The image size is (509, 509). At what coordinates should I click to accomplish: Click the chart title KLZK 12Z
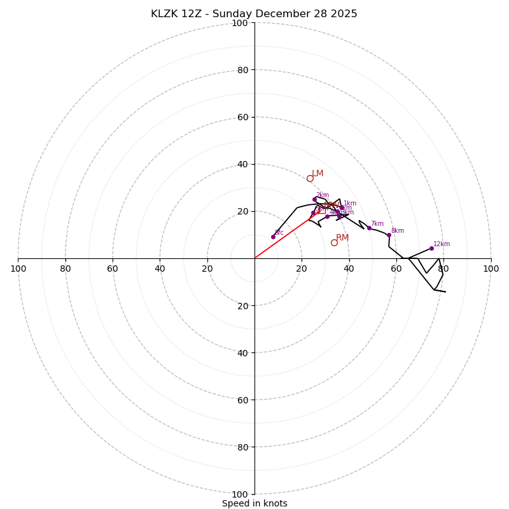coord(254,14)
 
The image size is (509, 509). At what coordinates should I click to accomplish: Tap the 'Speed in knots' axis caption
coord(254,503)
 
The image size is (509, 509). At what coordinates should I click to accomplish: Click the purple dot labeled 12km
coord(431,248)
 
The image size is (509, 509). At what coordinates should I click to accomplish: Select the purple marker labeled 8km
coord(389,235)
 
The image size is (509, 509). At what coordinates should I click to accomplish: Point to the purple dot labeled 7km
coord(369,228)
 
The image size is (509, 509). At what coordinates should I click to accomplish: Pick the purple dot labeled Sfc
coord(273,237)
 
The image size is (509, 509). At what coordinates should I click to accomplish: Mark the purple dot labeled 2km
coord(314,199)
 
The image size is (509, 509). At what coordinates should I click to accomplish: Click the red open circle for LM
coord(310,178)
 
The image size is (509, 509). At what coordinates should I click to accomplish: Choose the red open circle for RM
coord(334,242)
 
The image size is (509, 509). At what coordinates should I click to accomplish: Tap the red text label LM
coord(317,173)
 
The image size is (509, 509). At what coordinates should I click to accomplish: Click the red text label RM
coord(342,237)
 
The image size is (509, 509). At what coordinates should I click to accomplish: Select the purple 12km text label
coord(442,244)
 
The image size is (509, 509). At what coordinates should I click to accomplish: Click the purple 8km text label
coord(398,230)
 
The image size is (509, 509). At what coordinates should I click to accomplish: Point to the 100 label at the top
coord(239,23)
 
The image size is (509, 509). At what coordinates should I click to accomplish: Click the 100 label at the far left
coord(18,268)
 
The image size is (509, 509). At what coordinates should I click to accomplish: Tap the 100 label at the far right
coord(491,268)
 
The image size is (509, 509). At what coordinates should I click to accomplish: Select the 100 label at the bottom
coord(239,494)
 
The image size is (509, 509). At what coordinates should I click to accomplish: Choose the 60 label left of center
coord(113,268)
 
